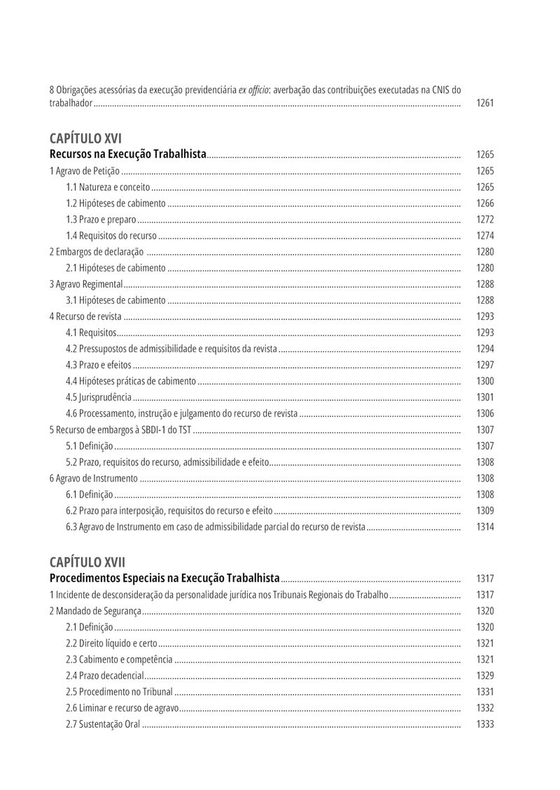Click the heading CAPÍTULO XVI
[x=85, y=138]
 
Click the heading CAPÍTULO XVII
[x=87, y=562]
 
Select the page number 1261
[x=485, y=103]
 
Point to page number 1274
[x=485, y=236]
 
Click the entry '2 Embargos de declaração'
[x=97, y=252]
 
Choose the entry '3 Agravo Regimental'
[x=86, y=284]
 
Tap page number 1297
[x=485, y=365]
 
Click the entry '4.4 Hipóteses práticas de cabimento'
[x=131, y=381]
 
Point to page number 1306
[x=485, y=414]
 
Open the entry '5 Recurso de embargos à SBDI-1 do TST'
[x=120, y=430]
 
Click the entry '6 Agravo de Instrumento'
[x=94, y=479]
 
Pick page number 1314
[x=485, y=527]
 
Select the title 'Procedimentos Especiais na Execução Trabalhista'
[x=164, y=579]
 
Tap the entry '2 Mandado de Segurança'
[x=95, y=611]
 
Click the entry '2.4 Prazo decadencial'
[x=105, y=676]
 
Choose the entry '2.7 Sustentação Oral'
[x=103, y=724]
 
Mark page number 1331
[x=485, y=692]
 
